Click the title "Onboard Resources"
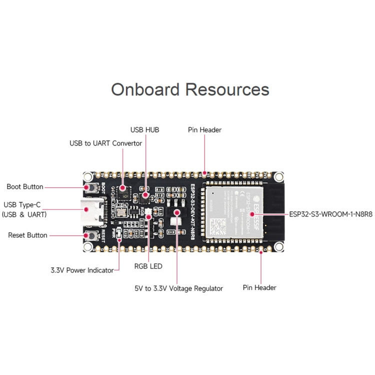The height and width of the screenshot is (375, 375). [190, 89]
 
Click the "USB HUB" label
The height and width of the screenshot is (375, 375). [144, 129]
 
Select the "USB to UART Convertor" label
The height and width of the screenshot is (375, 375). [105, 143]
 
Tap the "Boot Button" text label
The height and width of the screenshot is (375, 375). [24, 187]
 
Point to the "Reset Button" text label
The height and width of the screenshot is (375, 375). [27, 235]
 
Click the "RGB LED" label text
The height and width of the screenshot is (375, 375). [148, 266]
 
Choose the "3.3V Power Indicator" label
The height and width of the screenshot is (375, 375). [82, 270]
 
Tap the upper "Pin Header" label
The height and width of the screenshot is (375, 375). [204, 129]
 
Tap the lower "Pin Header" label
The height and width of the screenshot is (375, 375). [259, 287]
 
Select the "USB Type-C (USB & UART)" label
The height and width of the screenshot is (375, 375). [24, 209]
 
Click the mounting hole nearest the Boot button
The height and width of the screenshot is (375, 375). [87, 176]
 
